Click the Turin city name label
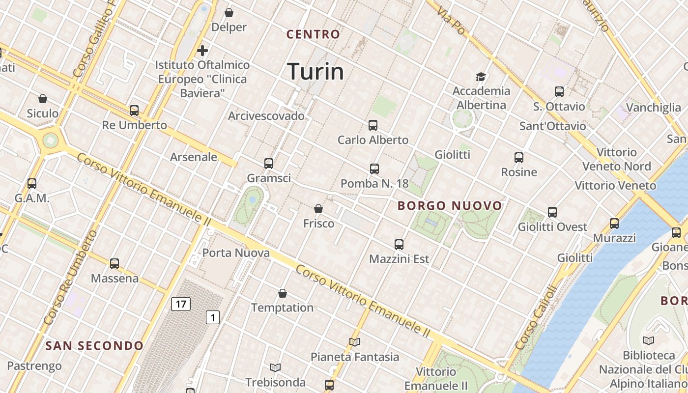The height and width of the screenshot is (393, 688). (x=315, y=72)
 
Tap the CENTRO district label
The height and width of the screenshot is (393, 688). (x=313, y=34)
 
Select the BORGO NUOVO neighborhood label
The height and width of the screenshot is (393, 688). (x=450, y=206)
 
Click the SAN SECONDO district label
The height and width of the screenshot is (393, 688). (x=94, y=346)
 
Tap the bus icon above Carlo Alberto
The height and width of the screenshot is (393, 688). (x=373, y=125)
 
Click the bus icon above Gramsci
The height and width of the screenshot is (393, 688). (x=268, y=164)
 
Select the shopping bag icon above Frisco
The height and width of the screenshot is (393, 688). (x=318, y=209)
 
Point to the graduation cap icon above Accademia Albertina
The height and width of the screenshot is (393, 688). (x=481, y=77)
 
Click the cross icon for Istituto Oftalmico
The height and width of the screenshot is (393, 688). (x=202, y=50)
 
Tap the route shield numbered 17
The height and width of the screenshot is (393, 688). (x=181, y=304)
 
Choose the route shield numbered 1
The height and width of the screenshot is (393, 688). (x=212, y=317)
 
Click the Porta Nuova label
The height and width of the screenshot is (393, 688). (x=236, y=253)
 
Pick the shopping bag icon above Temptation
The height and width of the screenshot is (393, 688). (x=283, y=293)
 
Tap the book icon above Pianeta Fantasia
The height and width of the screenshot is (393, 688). (x=355, y=342)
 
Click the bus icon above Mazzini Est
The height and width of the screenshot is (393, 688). (x=399, y=244)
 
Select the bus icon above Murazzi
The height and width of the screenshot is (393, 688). (x=614, y=224)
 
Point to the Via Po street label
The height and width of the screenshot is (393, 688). (x=450, y=21)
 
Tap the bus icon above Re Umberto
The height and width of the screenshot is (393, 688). (x=134, y=111)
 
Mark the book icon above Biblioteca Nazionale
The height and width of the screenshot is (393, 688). (x=649, y=340)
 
